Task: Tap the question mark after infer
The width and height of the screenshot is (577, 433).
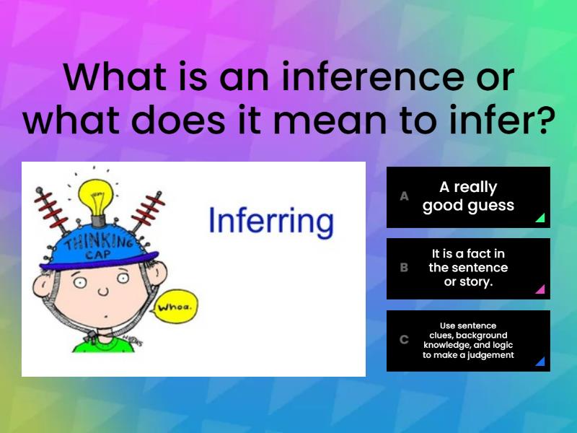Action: pyautogui.click(x=542, y=121)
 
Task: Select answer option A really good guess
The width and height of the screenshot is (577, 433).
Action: pyautogui.click(x=468, y=197)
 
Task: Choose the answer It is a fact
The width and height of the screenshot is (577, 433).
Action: pyautogui.click(x=468, y=268)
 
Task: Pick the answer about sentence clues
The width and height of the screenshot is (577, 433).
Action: pyautogui.click(x=468, y=340)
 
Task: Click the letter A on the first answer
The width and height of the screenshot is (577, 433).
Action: pyautogui.click(x=404, y=196)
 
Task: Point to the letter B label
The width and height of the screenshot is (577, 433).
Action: pyautogui.click(x=404, y=268)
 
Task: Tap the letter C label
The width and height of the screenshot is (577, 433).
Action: pyautogui.click(x=404, y=340)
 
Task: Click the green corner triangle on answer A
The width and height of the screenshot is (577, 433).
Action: pyautogui.click(x=539, y=218)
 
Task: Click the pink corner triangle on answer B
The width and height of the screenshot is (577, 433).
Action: pyautogui.click(x=539, y=289)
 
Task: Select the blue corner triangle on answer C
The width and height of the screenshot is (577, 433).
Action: pyautogui.click(x=539, y=362)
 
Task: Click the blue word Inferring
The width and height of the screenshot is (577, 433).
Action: pyautogui.click(x=270, y=222)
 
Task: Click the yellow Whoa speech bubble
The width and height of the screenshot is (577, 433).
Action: pyautogui.click(x=177, y=307)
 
